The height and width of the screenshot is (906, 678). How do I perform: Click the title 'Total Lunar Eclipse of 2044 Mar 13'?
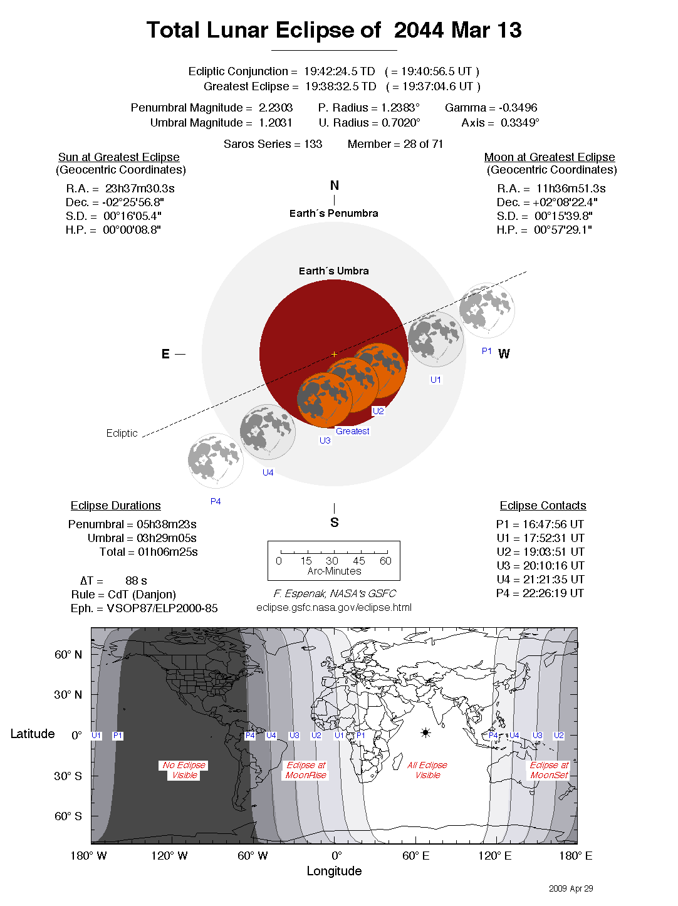[x=334, y=30]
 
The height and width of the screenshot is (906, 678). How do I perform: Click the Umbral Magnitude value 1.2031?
[x=276, y=123]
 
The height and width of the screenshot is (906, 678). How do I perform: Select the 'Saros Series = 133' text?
[x=273, y=144]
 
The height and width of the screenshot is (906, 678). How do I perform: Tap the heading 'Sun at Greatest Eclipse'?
[x=119, y=157]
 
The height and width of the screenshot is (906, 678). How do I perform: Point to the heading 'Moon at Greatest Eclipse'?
[x=550, y=157]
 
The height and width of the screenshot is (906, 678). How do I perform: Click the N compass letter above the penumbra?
[x=335, y=185]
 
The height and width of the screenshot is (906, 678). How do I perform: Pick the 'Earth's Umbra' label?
[x=334, y=271]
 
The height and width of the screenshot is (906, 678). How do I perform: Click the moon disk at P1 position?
[x=487, y=310]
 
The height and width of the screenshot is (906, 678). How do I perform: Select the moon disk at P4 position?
[x=216, y=461]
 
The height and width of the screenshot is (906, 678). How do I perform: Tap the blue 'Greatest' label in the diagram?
[x=352, y=431]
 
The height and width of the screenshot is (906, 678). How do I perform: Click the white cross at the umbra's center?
[x=335, y=354]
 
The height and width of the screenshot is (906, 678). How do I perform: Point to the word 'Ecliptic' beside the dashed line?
[x=122, y=433]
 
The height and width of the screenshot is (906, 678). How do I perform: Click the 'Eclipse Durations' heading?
[x=116, y=506]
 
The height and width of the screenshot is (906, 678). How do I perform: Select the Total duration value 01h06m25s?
[x=168, y=552]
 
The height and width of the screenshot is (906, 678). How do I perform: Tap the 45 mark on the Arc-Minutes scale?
[x=359, y=561]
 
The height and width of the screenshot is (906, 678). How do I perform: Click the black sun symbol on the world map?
[x=425, y=732]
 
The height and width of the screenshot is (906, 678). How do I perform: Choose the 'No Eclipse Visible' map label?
[x=184, y=770]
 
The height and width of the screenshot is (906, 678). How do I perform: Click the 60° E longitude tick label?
[x=416, y=856]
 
